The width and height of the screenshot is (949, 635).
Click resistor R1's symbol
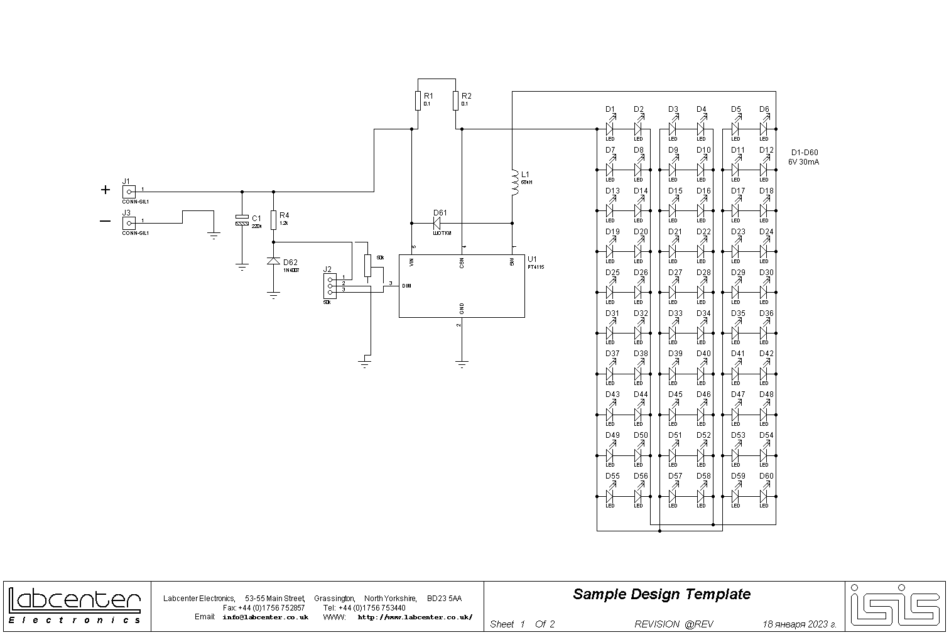click(417, 100)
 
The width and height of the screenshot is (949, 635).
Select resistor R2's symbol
click(455, 100)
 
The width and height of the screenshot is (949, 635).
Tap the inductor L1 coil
click(513, 182)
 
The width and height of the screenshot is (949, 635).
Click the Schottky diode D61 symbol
click(438, 222)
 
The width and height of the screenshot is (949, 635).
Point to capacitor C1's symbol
click(242, 220)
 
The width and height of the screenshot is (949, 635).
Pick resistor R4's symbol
click(273, 220)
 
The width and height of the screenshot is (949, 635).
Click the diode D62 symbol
click(273, 261)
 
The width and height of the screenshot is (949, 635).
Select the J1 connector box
click(129, 191)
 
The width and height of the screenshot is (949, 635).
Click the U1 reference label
click(533, 259)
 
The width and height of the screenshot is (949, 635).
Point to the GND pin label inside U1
click(462, 308)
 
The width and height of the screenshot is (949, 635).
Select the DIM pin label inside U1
click(406, 286)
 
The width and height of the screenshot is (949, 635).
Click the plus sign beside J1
click(106, 190)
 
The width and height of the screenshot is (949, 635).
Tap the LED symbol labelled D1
click(609, 129)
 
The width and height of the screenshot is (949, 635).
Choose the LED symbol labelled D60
click(764, 496)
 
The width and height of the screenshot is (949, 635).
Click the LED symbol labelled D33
click(673, 332)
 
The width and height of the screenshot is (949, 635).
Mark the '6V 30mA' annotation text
click(804, 162)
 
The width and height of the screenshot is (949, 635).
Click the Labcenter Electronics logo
click(75, 606)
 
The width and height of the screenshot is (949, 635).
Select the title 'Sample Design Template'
click(661, 594)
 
